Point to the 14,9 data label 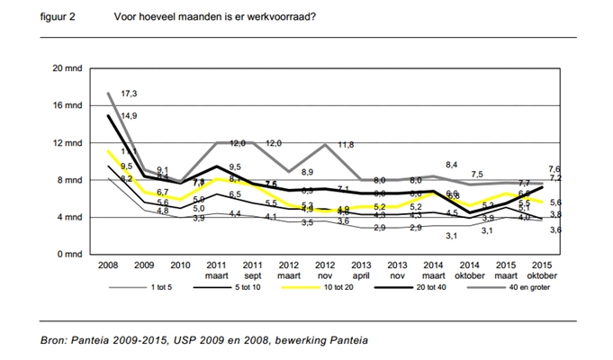[130, 115]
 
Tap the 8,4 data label [453, 165]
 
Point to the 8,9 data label [306, 172]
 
